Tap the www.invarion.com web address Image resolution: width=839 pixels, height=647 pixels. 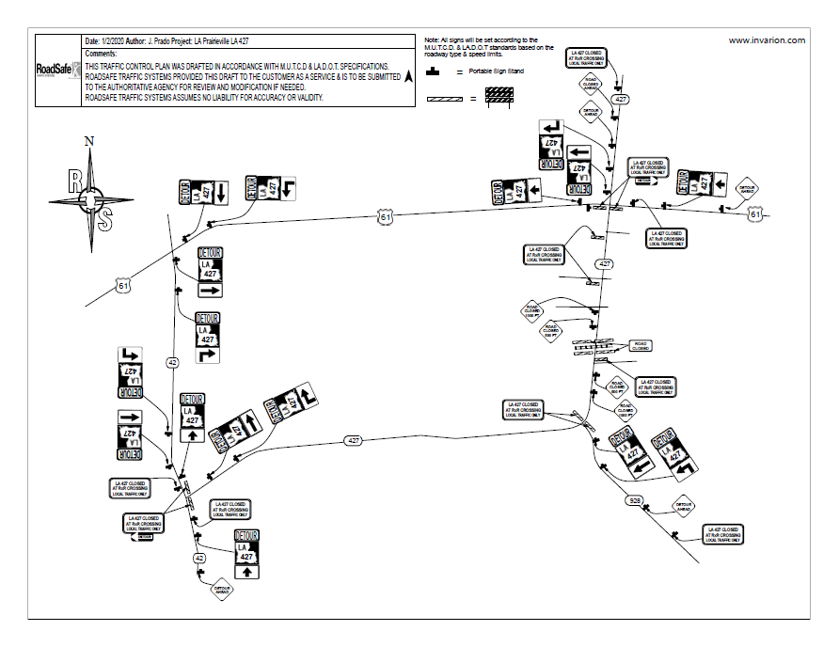(x=767, y=40)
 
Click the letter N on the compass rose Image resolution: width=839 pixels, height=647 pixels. (x=89, y=141)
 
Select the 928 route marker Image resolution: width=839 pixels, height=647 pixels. (x=635, y=501)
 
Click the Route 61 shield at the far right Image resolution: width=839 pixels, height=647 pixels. (x=755, y=214)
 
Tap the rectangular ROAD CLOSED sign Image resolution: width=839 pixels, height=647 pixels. (x=641, y=345)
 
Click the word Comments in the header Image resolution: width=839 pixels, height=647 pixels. (x=101, y=54)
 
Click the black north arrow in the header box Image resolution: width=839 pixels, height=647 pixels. (x=408, y=78)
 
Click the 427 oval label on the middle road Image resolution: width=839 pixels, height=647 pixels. (x=353, y=440)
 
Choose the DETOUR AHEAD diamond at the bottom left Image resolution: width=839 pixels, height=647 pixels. (x=222, y=590)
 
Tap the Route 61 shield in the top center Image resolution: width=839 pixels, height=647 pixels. (x=386, y=217)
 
